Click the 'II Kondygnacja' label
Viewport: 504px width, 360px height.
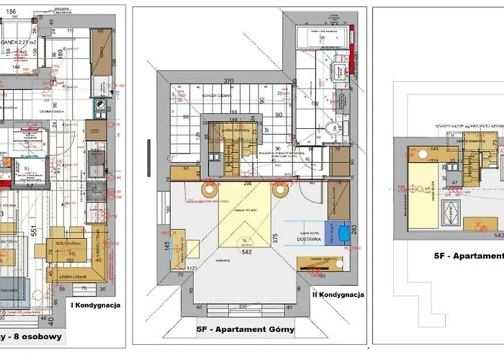point(338,294)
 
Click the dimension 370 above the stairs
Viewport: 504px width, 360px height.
point(229,82)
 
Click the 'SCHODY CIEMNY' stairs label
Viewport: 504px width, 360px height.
point(216,94)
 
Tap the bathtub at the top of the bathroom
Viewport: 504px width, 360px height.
point(321,36)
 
